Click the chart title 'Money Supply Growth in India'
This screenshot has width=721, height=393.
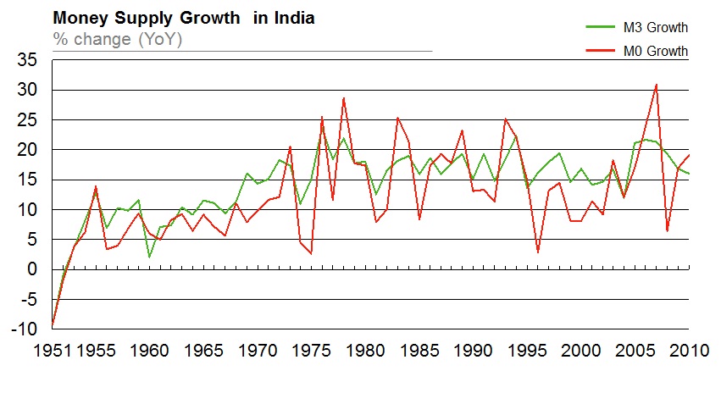coord(184,18)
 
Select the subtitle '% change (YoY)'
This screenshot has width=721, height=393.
coord(118,39)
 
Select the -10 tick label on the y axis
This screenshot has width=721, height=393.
coord(24,329)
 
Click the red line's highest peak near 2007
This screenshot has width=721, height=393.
coord(656,84)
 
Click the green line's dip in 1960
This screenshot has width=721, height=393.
coord(149,257)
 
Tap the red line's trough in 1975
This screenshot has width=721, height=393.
coord(311,253)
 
